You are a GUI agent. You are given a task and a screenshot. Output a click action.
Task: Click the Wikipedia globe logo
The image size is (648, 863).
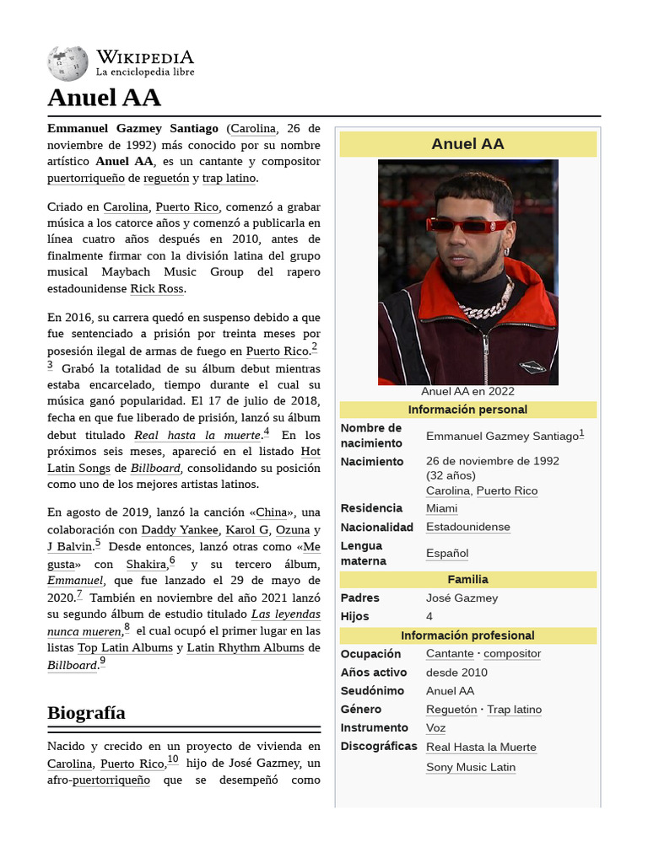click(x=67, y=63)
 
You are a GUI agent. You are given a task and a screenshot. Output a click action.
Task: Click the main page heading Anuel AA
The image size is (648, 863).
click(x=104, y=98)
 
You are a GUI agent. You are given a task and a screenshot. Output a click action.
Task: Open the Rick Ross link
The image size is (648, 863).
click(x=157, y=289)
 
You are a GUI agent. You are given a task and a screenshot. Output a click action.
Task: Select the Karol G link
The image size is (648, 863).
click(x=246, y=530)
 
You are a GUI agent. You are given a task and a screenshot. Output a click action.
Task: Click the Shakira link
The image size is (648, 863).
click(x=145, y=565)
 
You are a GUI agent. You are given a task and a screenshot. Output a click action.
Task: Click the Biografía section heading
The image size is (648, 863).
click(x=86, y=713)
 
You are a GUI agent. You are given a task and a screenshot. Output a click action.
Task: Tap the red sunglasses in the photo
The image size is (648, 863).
click(x=467, y=225)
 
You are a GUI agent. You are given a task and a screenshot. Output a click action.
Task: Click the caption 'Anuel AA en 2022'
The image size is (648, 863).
click(x=467, y=391)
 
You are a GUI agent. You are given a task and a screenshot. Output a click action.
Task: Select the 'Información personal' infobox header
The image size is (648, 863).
click(x=467, y=410)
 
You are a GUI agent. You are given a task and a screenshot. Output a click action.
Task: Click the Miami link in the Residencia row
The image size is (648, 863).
click(x=441, y=508)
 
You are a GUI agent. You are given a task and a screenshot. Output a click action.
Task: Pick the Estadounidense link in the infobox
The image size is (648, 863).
click(x=467, y=527)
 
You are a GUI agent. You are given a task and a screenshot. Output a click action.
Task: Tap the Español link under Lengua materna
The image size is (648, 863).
click(x=446, y=554)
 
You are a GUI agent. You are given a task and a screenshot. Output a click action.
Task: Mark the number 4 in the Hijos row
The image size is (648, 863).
click(x=429, y=616)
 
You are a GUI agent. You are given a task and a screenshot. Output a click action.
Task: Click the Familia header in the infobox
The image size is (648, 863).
click(x=467, y=580)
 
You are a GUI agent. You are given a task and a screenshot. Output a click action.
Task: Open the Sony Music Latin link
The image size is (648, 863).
click(x=470, y=767)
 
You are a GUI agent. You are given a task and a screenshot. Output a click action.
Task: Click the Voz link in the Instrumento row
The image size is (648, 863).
click(x=435, y=728)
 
